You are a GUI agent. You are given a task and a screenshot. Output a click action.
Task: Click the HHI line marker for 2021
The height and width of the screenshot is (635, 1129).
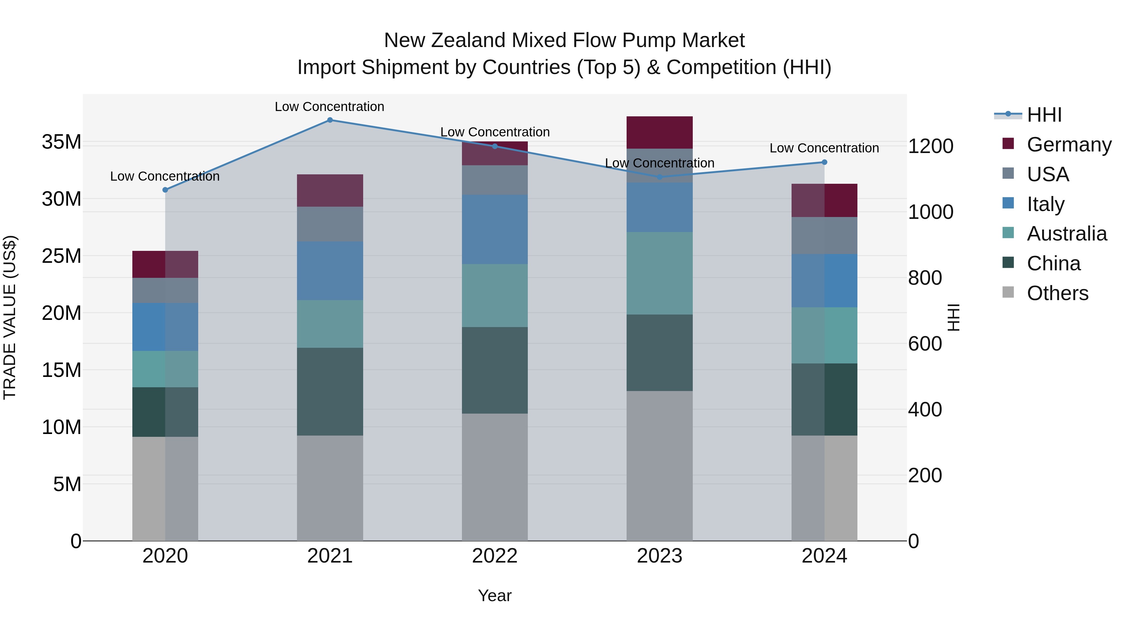click(330, 120)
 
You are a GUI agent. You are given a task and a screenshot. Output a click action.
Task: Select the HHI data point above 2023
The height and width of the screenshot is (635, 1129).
click(660, 177)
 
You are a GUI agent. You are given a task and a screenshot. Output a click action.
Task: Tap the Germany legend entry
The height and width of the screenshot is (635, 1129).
click(1068, 145)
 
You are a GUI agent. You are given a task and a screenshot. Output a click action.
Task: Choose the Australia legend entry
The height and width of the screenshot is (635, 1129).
click(1066, 234)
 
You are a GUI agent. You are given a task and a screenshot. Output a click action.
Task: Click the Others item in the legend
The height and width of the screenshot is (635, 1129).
click(1057, 293)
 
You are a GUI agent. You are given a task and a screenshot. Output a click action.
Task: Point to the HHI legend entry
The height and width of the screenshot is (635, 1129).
click(1044, 115)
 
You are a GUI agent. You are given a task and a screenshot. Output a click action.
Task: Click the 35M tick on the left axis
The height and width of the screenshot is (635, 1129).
click(62, 142)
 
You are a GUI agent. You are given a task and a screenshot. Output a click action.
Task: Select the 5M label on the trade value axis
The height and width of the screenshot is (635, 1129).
click(67, 484)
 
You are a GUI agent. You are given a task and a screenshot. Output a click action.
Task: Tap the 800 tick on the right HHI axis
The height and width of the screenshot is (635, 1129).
click(925, 278)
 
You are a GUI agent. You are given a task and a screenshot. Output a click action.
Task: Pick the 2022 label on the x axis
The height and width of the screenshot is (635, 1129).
click(495, 556)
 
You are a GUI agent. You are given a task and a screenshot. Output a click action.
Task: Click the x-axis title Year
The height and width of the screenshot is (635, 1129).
click(495, 595)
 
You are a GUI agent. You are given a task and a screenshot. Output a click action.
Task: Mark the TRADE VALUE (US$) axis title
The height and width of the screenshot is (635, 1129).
click(10, 317)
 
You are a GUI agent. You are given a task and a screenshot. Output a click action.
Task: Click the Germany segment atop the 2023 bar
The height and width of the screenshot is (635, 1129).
click(660, 132)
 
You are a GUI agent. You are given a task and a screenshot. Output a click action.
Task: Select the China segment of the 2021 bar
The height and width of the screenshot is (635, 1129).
click(330, 391)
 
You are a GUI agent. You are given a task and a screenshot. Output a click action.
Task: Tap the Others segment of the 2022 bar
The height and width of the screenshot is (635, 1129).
click(495, 477)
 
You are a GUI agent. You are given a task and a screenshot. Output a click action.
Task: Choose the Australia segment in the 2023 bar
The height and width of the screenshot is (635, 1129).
click(660, 273)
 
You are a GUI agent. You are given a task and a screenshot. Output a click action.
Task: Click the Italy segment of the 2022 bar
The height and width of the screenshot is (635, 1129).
click(495, 229)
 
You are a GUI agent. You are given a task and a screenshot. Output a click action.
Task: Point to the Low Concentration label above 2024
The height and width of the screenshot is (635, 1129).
click(824, 148)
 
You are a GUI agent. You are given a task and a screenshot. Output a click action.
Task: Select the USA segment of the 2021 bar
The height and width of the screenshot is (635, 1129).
click(330, 224)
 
